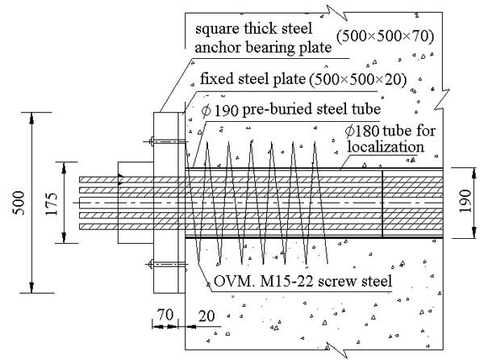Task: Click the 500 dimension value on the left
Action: [x=19, y=203]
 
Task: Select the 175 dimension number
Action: [x=52, y=203]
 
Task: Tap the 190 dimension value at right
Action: [x=465, y=201]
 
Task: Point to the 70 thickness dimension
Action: [x=165, y=315]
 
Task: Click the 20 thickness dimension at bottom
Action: [x=207, y=316]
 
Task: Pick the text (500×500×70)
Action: [x=385, y=36]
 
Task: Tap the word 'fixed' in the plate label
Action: [x=217, y=78]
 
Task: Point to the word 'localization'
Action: [x=386, y=146]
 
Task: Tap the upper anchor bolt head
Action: [x=152, y=141]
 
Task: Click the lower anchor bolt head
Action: [x=151, y=264]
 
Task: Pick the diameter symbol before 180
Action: [x=350, y=131]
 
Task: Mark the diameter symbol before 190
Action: [x=206, y=111]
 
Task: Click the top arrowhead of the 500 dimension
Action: [x=31, y=118]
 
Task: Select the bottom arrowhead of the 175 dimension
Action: [x=64, y=237]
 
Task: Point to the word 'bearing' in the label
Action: [x=269, y=48]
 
